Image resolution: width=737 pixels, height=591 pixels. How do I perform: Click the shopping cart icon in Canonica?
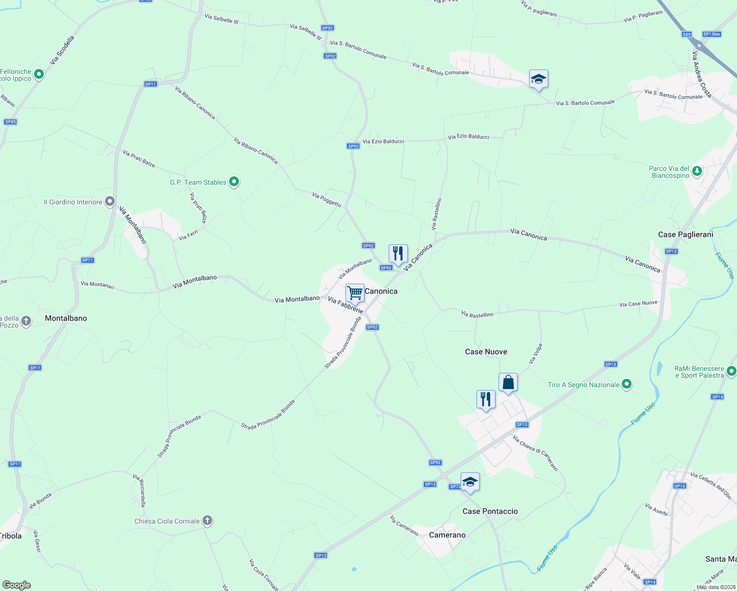355,293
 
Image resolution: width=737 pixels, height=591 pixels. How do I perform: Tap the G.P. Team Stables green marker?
234,182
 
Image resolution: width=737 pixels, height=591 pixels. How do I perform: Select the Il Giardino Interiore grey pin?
110,201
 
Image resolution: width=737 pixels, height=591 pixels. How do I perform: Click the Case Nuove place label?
486,352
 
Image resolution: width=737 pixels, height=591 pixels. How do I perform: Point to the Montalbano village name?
66,318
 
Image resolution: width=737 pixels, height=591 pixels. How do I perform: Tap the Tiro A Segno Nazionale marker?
626,384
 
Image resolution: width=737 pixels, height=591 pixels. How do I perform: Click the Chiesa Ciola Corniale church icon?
207,521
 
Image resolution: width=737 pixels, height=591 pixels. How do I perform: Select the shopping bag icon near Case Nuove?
508,382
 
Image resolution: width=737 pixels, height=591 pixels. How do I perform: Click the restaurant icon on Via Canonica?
398,253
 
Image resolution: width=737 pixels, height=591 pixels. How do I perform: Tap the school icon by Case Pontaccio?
470,482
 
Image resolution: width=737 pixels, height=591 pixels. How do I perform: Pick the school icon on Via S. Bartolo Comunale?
538,79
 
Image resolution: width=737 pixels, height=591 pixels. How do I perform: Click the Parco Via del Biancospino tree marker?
697,171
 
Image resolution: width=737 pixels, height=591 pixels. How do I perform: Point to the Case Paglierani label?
685,234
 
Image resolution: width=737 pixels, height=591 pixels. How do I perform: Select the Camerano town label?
447,535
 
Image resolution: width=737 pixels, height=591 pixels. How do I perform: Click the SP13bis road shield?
711,34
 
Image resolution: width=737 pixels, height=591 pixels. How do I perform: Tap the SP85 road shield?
10,122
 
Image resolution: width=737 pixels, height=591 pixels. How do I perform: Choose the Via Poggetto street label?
327,199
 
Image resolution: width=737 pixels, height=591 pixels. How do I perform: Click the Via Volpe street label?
536,354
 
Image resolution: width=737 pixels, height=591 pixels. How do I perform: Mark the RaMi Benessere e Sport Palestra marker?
732,371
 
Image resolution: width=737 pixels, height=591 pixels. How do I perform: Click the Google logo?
17,585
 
